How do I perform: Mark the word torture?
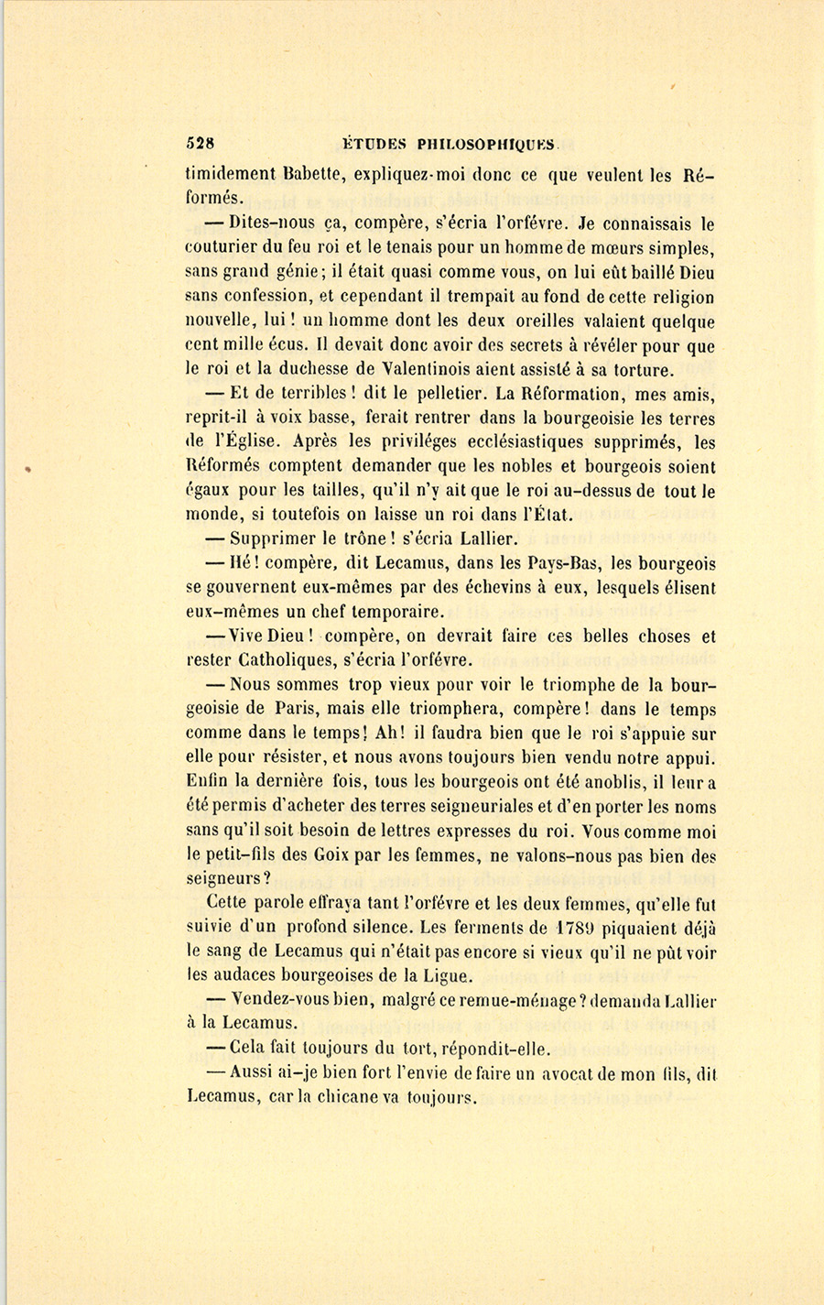[x=641, y=370]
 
